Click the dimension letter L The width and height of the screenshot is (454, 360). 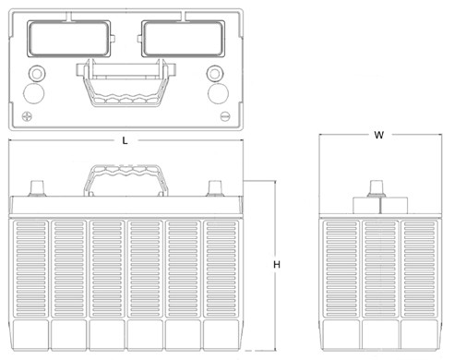point(125,140)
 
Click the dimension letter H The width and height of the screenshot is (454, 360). point(276,265)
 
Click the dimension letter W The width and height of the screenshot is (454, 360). point(378,135)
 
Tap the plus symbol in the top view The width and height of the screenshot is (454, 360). point(28,116)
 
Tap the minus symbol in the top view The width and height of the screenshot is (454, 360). point(225,116)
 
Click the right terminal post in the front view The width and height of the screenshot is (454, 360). point(216,188)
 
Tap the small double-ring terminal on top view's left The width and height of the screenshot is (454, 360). point(37,74)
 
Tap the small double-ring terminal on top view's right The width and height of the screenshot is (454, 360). point(216,74)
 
